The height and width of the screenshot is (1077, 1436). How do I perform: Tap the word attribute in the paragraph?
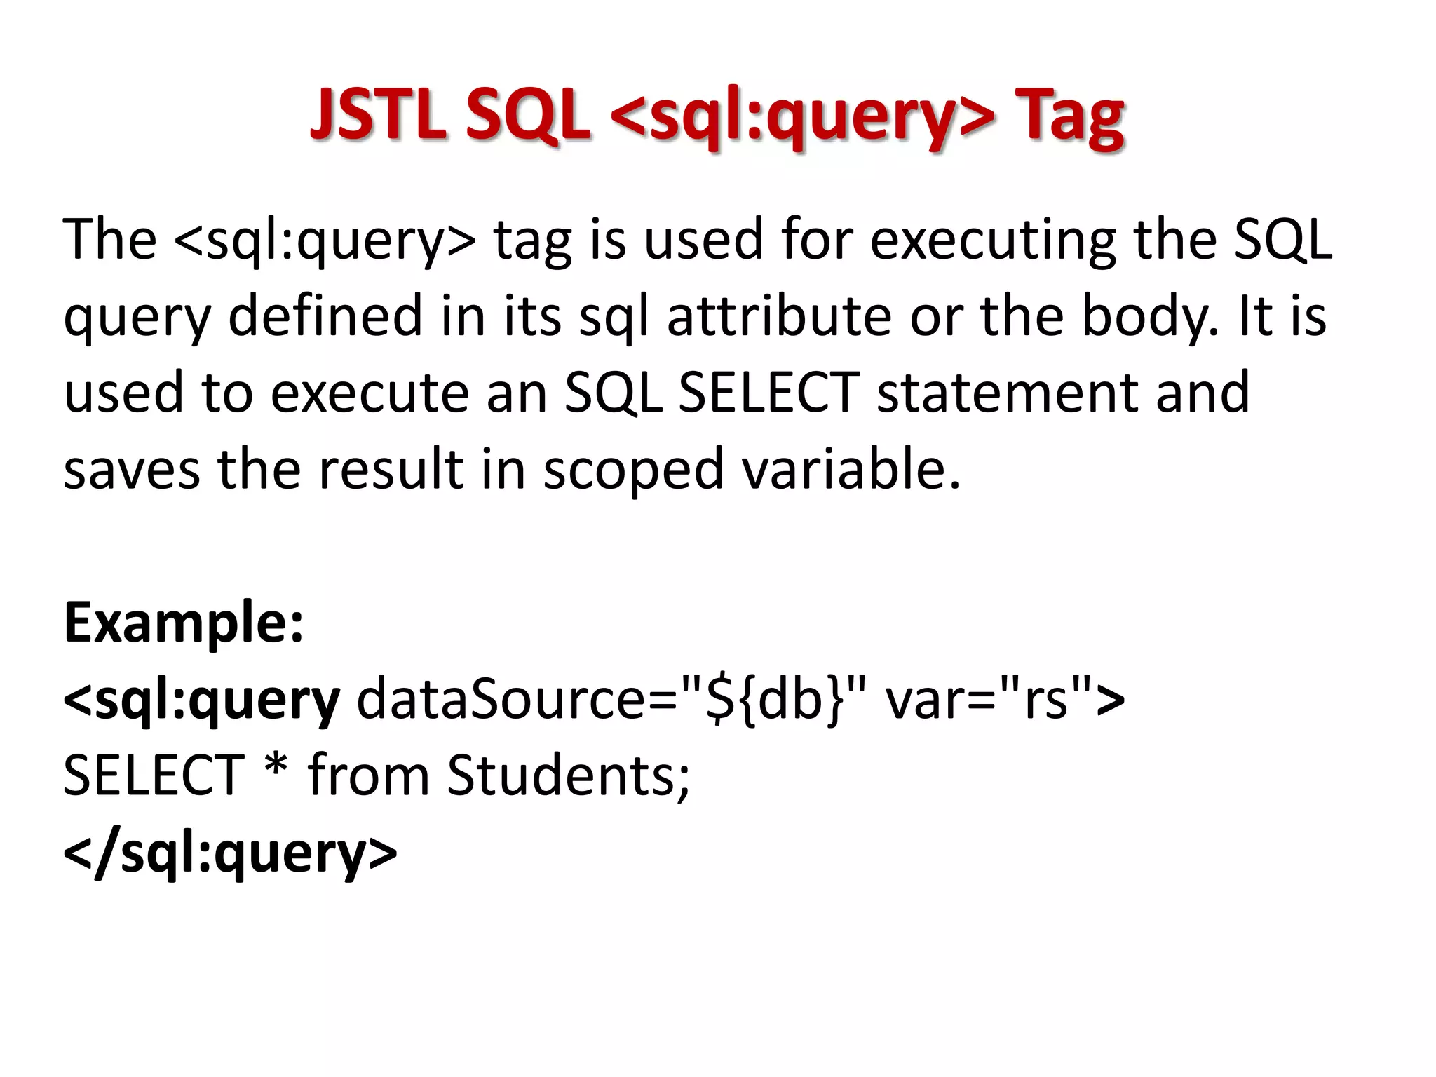click(779, 316)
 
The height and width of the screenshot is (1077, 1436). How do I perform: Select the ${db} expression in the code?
click(775, 699)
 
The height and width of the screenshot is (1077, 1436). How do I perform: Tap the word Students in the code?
click(569, 775)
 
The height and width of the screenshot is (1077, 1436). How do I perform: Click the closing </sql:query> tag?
click(230, 853)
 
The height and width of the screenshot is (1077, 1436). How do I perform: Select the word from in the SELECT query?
click(369, 775)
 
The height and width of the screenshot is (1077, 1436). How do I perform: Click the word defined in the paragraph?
click(325, 316)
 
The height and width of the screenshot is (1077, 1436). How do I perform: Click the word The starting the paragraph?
click(110, 240)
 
